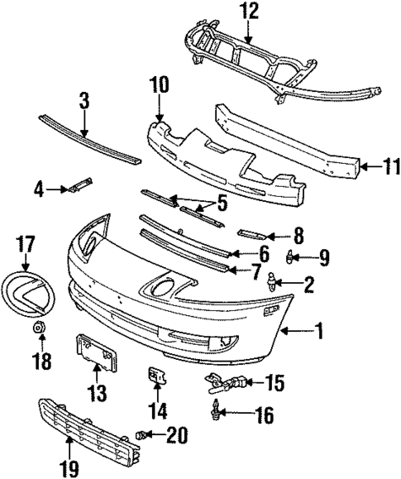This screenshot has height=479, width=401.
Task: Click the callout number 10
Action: pos(158,84)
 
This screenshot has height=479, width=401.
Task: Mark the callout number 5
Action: pos(221,201)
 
